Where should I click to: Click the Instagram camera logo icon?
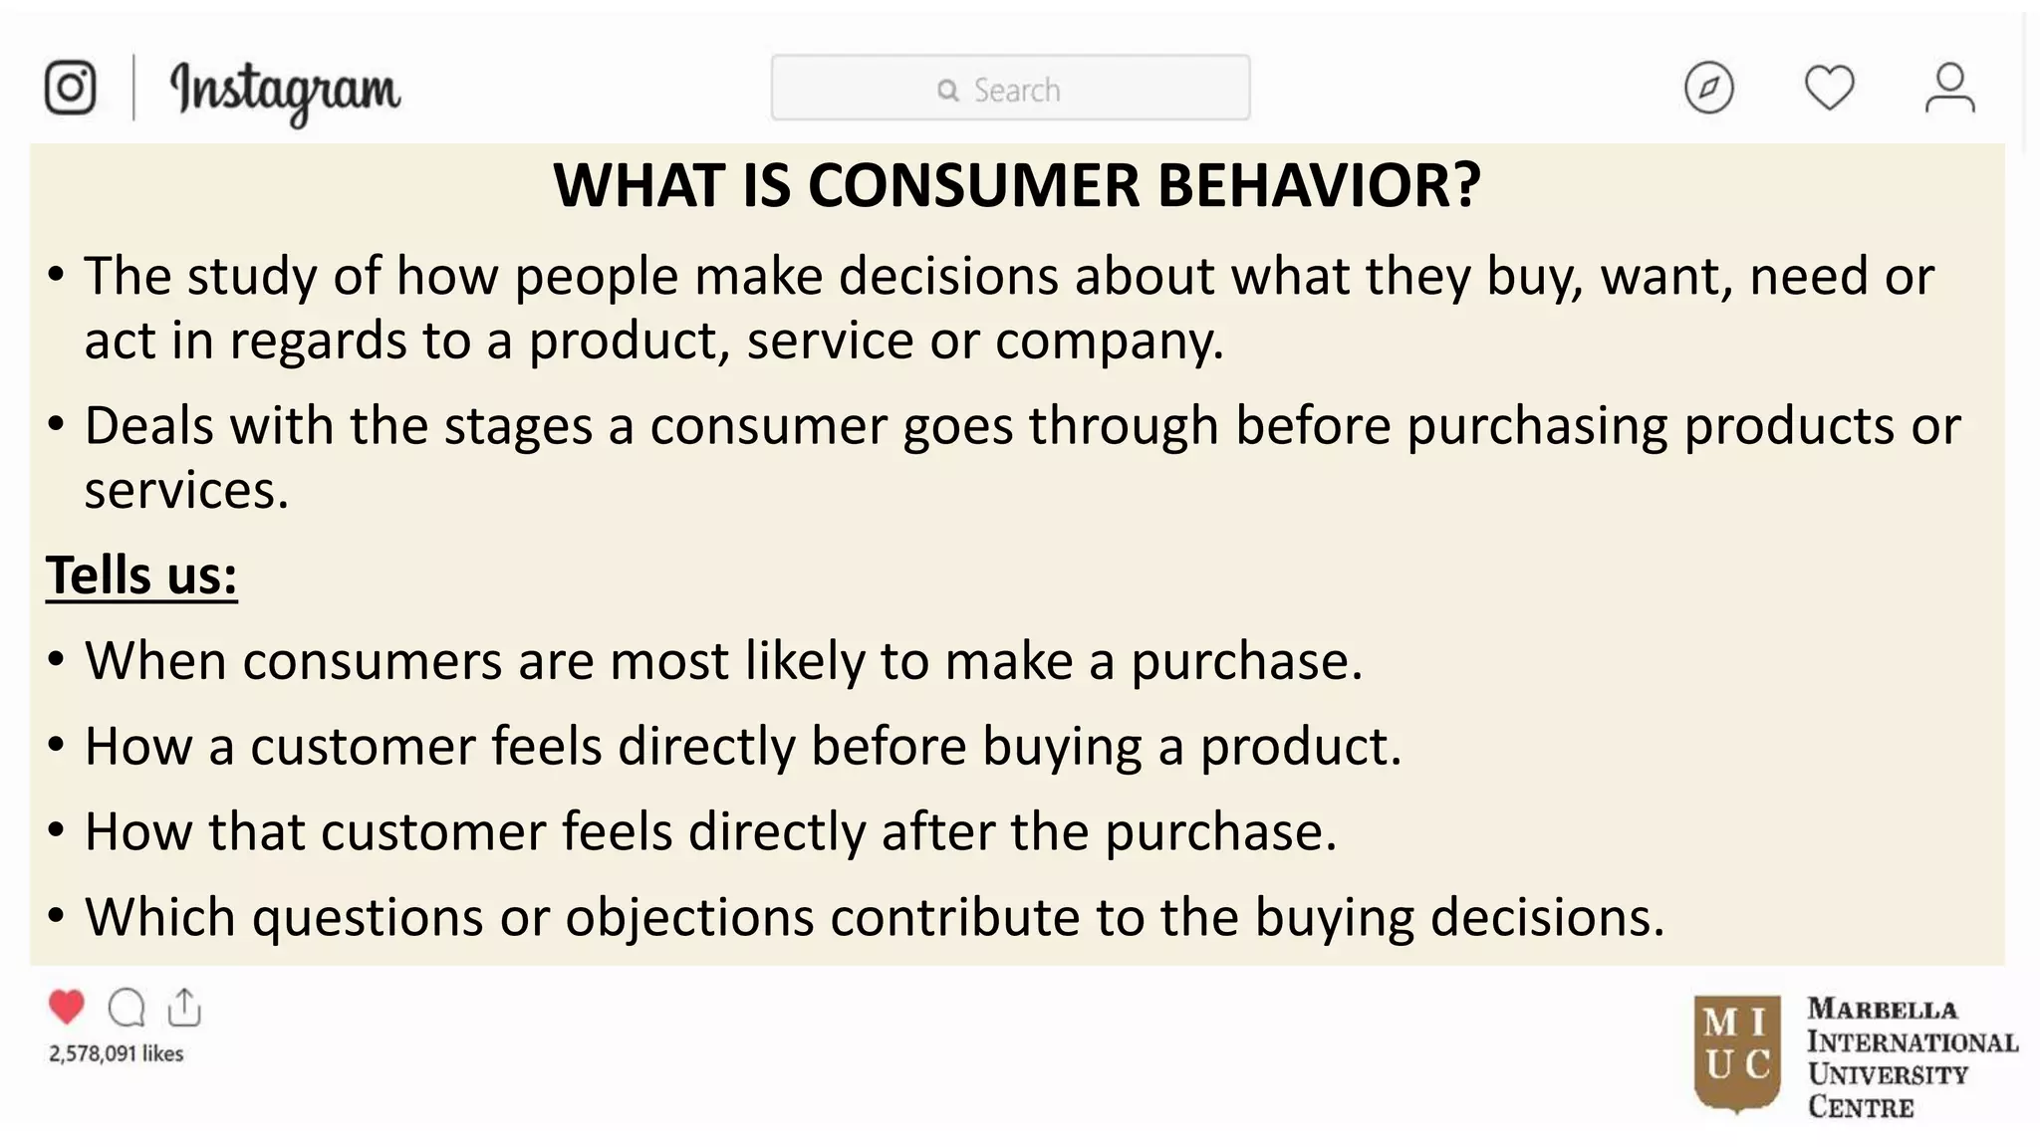point(70,88)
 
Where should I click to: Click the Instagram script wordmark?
point(285,91)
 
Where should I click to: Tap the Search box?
point(1010,89)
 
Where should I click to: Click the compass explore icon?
point(1708,88)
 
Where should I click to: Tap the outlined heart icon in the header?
point(1829,88)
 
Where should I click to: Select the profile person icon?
point(1948,88)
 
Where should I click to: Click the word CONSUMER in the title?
point(973,185)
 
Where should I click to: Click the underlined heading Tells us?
point(141,575)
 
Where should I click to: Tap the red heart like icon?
point(67,1007)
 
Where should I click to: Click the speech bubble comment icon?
point(127,1008)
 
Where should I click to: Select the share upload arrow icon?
point(184,1007)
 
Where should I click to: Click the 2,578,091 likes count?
point(117,1053)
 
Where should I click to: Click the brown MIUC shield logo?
point(1736,1052)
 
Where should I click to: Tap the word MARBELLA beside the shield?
point(1882,1010)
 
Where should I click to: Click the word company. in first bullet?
point(1109,342)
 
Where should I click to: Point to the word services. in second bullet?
point(186,491)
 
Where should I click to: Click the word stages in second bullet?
point(518,427)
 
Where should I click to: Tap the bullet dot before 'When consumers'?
point(56,659)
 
